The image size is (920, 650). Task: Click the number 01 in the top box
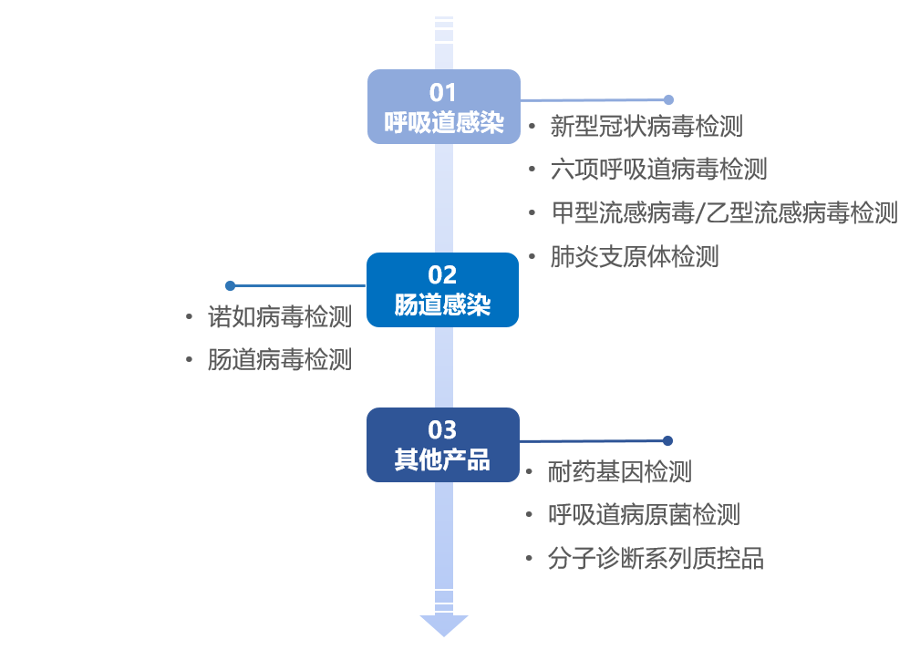[x=443, y=92]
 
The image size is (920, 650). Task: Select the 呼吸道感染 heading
[x=443, y=123]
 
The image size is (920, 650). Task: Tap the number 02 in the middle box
[x=442, y=274]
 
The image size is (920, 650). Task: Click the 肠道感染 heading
[x=442, y=305]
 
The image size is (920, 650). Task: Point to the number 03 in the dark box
[x=442, y=429]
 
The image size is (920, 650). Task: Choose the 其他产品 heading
[x=442, y=460]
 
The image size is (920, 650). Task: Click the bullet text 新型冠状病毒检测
[x=646, y=126]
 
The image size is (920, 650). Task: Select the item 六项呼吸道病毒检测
[x=658, y=169]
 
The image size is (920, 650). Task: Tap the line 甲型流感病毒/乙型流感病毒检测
[x=724, y=212]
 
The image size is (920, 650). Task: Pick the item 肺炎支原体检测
[x=635, y=256]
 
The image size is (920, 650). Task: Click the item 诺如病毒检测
[x=279, y=317]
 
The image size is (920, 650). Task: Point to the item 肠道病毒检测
[x=279, y=360]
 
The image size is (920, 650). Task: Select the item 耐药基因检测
[x=620, y=471]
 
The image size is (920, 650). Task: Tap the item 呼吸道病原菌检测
[x=644, y=515]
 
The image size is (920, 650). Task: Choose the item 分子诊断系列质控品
[x=656, y=558]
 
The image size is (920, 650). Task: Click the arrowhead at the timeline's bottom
[x=444, y=625]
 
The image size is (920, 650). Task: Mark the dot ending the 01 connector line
[x=668, y=99]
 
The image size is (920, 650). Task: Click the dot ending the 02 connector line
[x=230, y=285]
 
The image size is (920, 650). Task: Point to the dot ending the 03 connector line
[x=667, y=440]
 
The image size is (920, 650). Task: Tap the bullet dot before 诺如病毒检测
[x=189, y=317]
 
